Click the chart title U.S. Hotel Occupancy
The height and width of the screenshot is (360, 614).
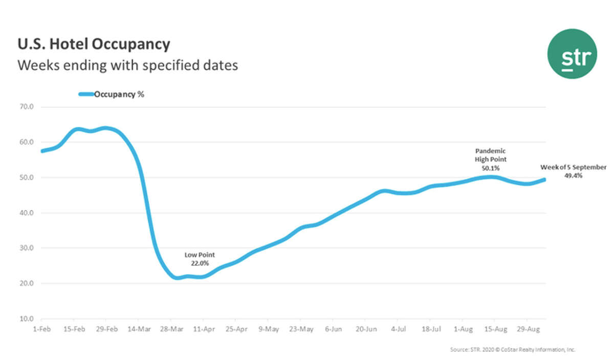(94, 44)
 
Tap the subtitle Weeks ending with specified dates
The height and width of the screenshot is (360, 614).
(128, 66)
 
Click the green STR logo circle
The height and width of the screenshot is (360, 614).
(572, 54)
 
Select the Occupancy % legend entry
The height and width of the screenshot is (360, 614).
(119, 94)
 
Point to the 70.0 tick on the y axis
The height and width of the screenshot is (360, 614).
(26, 107)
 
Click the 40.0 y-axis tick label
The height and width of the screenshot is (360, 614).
(26, 213)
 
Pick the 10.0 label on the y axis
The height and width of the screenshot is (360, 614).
(26, 319)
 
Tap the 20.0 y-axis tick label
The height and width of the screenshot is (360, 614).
(26, 283)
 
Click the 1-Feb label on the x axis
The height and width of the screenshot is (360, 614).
(41, 328)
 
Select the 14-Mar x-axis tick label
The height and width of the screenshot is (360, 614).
(138, 328)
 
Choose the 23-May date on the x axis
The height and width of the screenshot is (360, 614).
(301, 328)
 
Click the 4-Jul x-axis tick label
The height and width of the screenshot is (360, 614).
(399, 328)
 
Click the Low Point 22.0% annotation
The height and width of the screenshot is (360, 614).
(200, 258)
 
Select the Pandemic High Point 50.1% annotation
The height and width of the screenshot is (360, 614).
(490, 159)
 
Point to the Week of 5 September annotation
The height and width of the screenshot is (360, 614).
(573, 171)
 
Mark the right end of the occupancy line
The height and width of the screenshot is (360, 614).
(544, 179)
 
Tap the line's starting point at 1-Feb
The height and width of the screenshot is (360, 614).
(42, 151)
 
